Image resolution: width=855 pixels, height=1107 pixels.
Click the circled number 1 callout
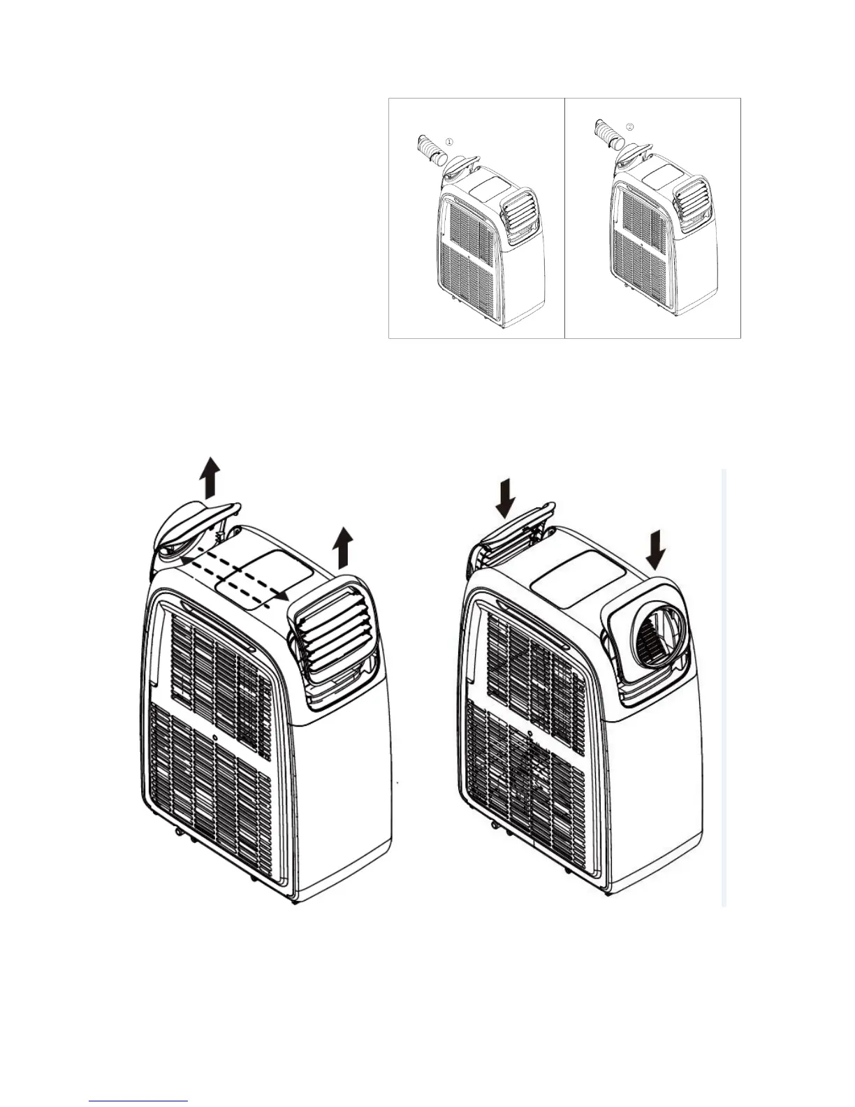point(449,141)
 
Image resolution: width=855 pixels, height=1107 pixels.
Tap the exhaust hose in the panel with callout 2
point(606,133)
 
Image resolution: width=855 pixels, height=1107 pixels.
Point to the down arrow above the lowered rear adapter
point(507,498)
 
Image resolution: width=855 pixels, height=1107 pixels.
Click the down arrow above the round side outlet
point(656,549)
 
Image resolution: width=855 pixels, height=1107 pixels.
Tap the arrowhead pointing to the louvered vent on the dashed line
point(281,595)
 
